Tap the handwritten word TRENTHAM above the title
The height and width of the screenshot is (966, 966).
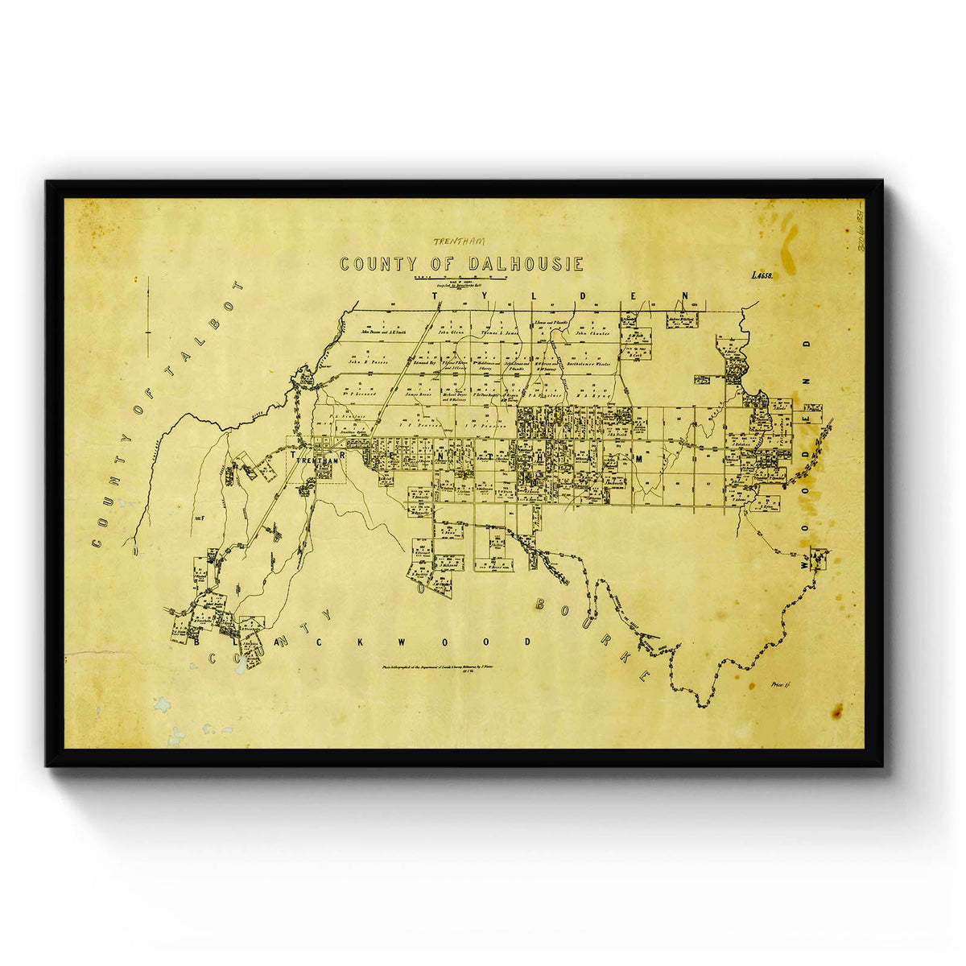[459, 241]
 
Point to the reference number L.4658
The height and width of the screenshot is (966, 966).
[762, 275]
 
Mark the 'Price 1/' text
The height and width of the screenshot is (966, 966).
[781, 684]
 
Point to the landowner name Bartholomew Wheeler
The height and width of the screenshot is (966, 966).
[589, 364]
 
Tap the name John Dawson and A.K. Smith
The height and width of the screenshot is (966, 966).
[383, 332]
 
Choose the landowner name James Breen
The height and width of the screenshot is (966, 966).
[419, 394]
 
